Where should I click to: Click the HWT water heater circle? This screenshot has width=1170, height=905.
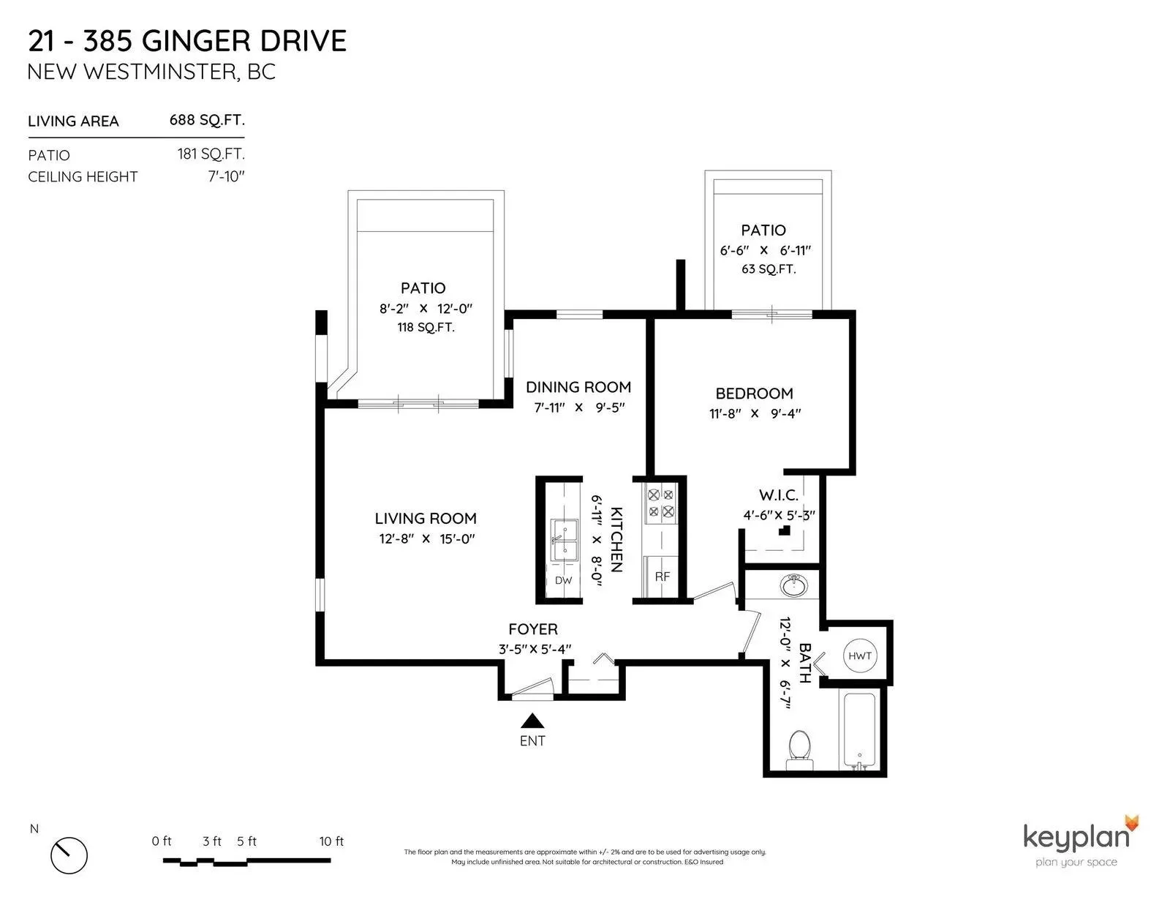click(860, 656)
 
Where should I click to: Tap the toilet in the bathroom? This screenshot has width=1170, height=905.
click(799, 749)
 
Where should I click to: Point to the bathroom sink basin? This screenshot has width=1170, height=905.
click(794, 586)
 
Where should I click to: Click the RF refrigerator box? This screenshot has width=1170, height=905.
click(662, 577)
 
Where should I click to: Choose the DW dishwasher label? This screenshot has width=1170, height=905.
click(563, 581)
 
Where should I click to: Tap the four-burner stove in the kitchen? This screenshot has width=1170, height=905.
click(661, 503)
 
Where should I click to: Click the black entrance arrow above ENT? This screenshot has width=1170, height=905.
click(532, 721)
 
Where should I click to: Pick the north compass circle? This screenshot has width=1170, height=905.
click(69, 855)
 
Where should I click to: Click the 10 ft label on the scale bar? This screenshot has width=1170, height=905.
click(331, 841)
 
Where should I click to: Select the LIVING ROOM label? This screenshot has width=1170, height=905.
click(426, 519)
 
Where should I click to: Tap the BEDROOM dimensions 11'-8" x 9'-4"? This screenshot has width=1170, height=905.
click(755, 413)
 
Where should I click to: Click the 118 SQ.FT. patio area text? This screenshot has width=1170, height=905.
click(426, 327)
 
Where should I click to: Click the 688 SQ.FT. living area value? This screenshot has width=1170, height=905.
click(207, 120)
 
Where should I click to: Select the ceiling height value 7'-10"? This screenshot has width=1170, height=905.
click(225, 176)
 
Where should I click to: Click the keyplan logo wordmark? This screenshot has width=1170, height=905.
click(1076, 836)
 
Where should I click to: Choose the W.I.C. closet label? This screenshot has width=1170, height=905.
click(778, 496)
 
